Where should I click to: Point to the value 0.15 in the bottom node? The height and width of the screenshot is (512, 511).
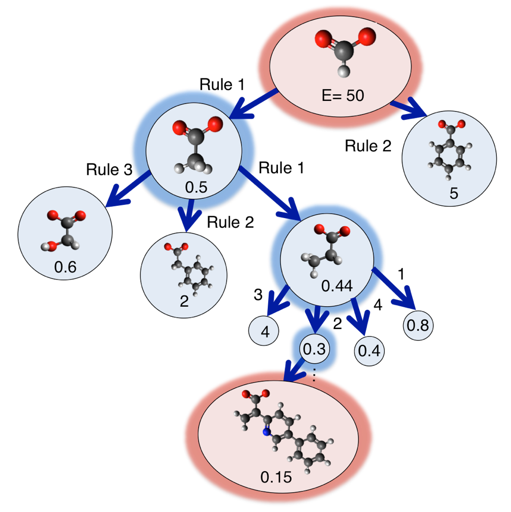coord(276,477)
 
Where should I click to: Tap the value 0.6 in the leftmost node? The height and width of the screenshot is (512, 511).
coord(66,267)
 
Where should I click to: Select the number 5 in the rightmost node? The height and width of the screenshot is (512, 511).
coord(455,193)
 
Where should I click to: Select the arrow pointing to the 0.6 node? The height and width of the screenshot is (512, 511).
coord(128,188)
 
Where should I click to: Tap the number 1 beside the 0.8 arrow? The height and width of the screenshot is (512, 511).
coord(402,274)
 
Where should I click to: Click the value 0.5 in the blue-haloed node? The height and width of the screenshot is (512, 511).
coord(196,187)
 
